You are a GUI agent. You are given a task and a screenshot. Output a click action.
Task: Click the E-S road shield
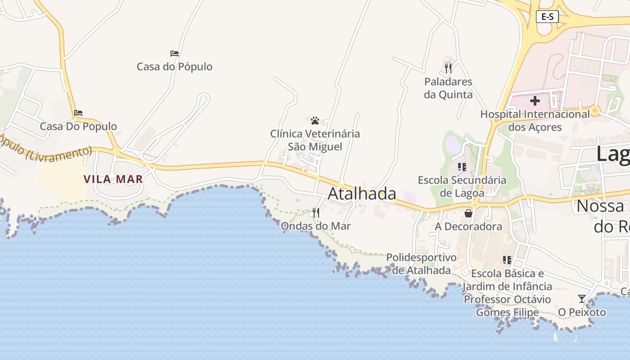(547, 17)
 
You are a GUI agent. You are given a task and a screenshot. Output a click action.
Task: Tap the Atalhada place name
(362, 193)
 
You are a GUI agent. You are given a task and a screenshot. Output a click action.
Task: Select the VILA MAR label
(113, 179)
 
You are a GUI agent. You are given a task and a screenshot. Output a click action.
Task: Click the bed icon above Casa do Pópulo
(175, 54)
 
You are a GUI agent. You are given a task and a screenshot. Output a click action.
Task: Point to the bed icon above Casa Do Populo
(78, 113)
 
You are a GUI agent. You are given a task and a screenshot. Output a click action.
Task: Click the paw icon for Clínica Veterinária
(315, 121)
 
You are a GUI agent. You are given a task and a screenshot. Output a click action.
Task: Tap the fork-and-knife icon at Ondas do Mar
(316, 213)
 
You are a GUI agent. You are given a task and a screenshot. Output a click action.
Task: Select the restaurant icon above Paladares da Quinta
(448, 68)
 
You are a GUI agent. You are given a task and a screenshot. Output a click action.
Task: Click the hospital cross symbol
(535, 101)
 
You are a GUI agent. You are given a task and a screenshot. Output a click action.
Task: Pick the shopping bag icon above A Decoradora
(468, 213)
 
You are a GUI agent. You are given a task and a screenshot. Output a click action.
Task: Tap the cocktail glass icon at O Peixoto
(582, 299)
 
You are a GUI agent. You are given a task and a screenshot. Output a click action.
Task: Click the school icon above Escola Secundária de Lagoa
(462, 167)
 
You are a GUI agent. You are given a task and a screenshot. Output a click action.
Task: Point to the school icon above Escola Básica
(507, 260)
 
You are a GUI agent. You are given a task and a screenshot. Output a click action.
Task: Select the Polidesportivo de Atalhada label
(421, 264)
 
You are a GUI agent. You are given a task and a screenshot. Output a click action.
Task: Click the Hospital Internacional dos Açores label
(535, 121)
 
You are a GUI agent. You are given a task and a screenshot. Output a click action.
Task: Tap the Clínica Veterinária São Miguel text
(315, 140)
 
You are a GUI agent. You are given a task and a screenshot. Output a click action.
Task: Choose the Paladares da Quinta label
(448, 88)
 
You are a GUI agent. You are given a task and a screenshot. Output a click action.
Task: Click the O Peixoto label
(582, 312)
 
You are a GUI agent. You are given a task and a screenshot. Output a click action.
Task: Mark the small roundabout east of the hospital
(595, 110)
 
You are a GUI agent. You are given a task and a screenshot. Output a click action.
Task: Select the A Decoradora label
(468, 226)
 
